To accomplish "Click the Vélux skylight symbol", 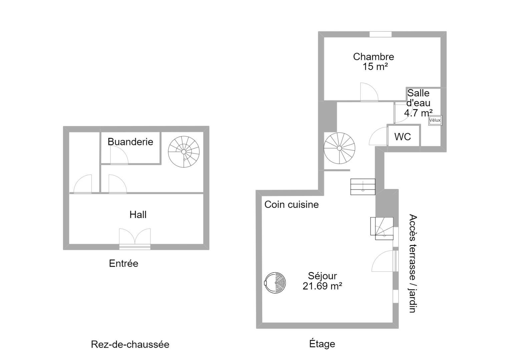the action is [x=435, y=120].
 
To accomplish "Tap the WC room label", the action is [x=402, y=137].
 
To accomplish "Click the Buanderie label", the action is [x=130, y=142].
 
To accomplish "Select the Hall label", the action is [x=138, y=215].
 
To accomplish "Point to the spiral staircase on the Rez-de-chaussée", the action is [x=183, y=152].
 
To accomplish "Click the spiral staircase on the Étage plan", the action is [x=339, y=148].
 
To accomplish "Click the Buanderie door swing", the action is [x=119, y=155].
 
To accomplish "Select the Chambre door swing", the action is [x=369, y=92].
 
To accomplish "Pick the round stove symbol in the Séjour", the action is [x=275, y=283].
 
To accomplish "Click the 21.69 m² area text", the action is [x=322, y=286].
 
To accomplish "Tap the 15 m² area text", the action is [x=375, y=67].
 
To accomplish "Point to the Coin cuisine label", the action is [x=292, y=205].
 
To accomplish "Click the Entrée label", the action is [x=124, y=263].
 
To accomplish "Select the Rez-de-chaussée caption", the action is [x=130, y=345].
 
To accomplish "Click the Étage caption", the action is [x=322, y=344].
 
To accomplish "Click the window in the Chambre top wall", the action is [x=380, y=34].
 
